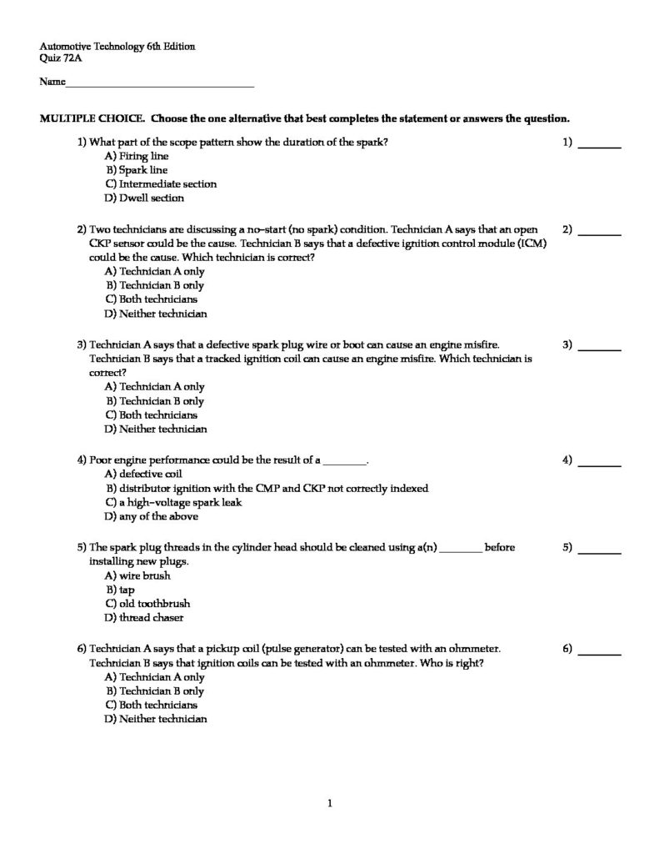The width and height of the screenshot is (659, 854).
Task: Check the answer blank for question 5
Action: pos(600,550)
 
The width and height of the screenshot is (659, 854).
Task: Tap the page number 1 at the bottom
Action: pos(330,804)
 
